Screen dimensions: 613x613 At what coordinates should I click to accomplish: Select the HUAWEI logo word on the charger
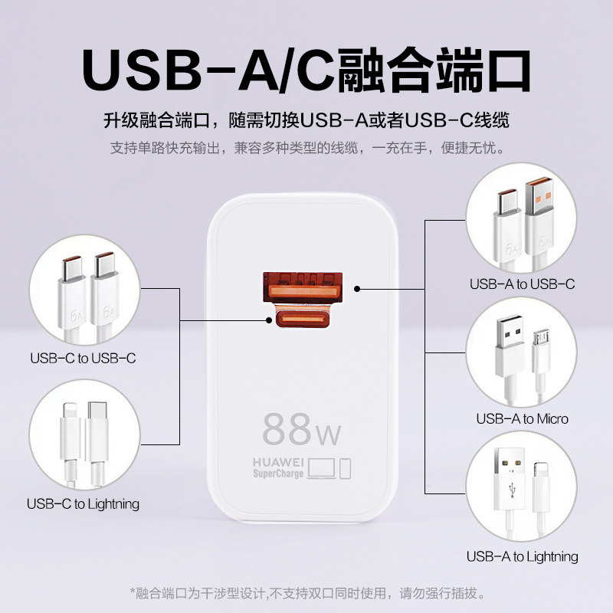[x=279, y=463]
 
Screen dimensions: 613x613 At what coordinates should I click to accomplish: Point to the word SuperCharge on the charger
[x=279, y=474]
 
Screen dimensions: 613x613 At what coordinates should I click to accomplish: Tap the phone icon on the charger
[x=345, y=467]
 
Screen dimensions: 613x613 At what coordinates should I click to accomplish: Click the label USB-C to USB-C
[x=83, y=357]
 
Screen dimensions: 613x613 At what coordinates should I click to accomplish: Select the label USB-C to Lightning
[x=83, y=503]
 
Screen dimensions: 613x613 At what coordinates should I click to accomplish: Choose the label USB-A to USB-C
[x=522, y=284]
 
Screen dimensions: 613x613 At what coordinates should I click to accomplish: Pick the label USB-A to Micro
[x=522, y=418]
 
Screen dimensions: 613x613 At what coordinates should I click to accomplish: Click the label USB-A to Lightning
[x=522, y=556]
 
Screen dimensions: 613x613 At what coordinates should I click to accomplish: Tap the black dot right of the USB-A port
[x=358, y=289]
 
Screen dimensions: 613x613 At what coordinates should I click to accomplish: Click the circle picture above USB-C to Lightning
[x=83, y=435]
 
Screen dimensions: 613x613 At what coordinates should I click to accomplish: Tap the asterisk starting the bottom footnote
[x=132, y=593]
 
